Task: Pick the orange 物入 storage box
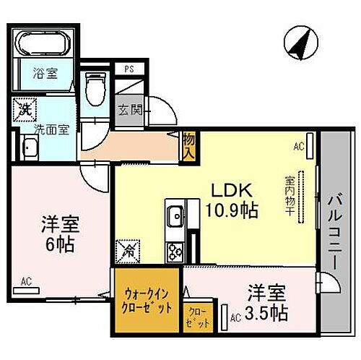(x=190, y=147)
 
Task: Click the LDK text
(x=231, y=191)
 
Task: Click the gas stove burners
(x=175, y=251)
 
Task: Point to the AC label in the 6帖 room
(x=25, y=281)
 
